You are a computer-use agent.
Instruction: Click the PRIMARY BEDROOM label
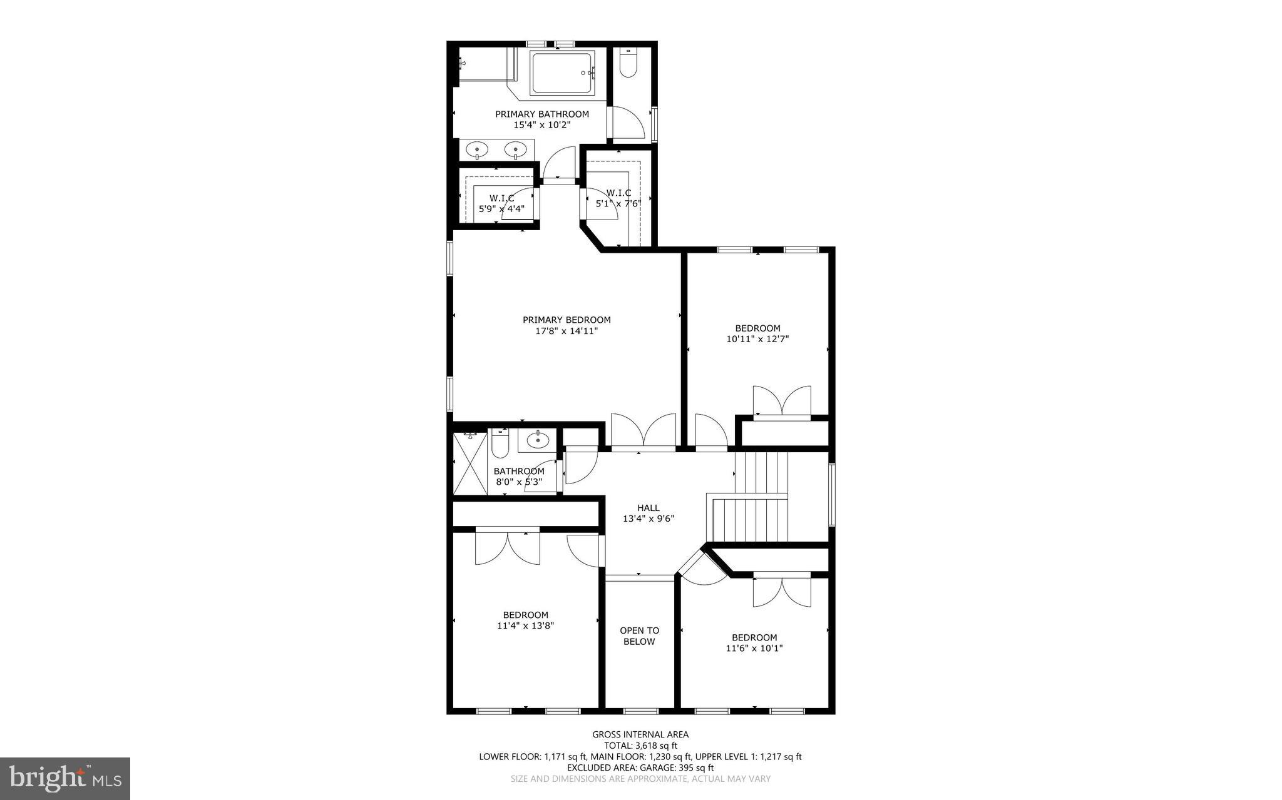tap(567, 320)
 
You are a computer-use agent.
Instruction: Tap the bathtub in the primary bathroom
tap(562, 73)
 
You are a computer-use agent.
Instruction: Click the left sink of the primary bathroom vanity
tap(478, 149)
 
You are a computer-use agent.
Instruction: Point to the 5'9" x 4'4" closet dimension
tap(501, 209)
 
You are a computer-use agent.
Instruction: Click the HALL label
tap(648, 508)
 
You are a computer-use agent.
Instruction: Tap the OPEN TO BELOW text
tap(639, 636)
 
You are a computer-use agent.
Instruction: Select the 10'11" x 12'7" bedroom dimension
tap(757, 339)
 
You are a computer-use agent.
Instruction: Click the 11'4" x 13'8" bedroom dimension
tap(526, 625)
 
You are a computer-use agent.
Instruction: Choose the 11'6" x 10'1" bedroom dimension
tap(754, 649)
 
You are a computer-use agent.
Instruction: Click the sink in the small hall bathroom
tap(538, 440)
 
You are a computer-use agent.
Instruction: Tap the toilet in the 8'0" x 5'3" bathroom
tap(500, 443)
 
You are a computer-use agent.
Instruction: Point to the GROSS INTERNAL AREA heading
tap(640, 734)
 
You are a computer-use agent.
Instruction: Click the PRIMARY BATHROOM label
tap(542, 114)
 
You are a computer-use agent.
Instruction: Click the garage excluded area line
tap(640, 767)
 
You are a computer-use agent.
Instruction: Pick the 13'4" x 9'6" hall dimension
tap(648, 519)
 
